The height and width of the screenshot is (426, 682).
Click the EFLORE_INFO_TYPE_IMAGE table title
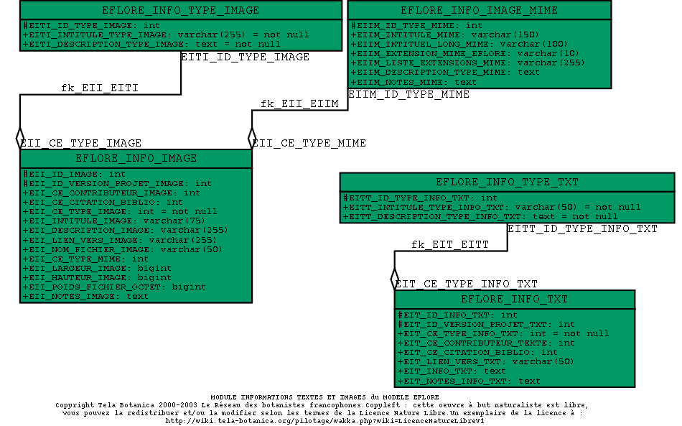180,10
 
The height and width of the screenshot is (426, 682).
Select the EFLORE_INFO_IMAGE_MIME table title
479,10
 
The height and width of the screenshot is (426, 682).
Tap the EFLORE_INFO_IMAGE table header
136,158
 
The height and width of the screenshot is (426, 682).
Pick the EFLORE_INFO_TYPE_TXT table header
507,182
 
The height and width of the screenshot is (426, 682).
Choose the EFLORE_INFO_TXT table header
514,299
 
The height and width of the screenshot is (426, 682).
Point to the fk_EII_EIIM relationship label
299,104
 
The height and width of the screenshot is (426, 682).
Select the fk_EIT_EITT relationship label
450,245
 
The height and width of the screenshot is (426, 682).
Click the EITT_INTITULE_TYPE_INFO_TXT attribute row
492,207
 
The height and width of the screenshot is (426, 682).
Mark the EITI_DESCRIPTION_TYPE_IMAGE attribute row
151,44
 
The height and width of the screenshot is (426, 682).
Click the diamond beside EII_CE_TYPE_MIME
252,137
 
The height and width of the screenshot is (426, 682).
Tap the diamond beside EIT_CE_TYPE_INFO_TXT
394,278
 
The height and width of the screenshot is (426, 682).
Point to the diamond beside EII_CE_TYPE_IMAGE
20,137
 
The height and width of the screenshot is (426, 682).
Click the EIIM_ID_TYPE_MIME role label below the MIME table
408,94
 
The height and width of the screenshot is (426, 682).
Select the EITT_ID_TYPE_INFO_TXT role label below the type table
582,229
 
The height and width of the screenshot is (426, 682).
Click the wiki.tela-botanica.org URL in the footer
325,421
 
